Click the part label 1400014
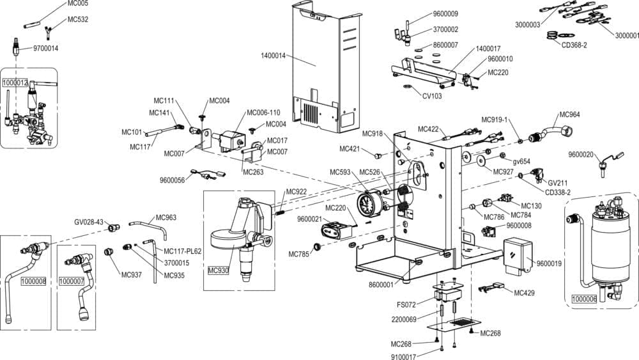[x=273, y=56]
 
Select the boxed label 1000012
[x=15, y=83]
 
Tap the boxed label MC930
[x=219, y=270]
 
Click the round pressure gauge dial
[x=367, y=205]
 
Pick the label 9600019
[x=549, y=263]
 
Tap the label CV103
[x=432, y=97]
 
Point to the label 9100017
[x=404, y=357]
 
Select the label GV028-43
[x=88, y=222]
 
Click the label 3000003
[x=527, y=24]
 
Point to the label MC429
[x=524, y=293]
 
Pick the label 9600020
[x=581, y=154]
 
